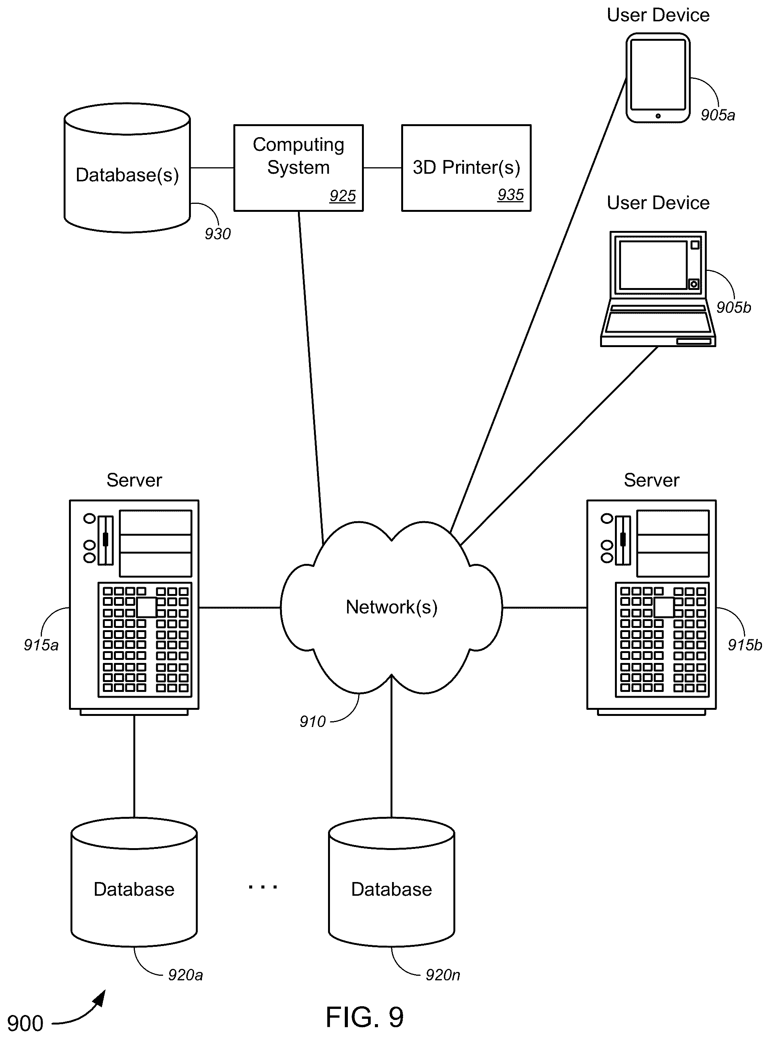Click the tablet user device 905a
(x=658, y=78)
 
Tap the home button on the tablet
(x=658, y=115)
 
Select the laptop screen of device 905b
(x=653, y=265)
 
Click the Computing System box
(x=298, y=168)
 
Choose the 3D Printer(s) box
(x=466, y=168)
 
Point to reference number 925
(x=343, y=196)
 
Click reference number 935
(x=511, y=195)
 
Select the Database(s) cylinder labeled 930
(x=127, y=168)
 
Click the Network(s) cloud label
(x=392, y=607)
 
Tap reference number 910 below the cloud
(x=312, y=722)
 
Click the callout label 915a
(x=41, y=645)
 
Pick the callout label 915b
(x=745, y=645)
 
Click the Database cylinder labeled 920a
(x=134, y=882)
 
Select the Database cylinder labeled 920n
(x=392, y=882)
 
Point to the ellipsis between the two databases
(x=263, y=887)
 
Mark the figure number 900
(x=25, y=1024)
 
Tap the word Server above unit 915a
(x=134, y=480)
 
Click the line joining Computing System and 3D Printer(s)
(x=382, y=168)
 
